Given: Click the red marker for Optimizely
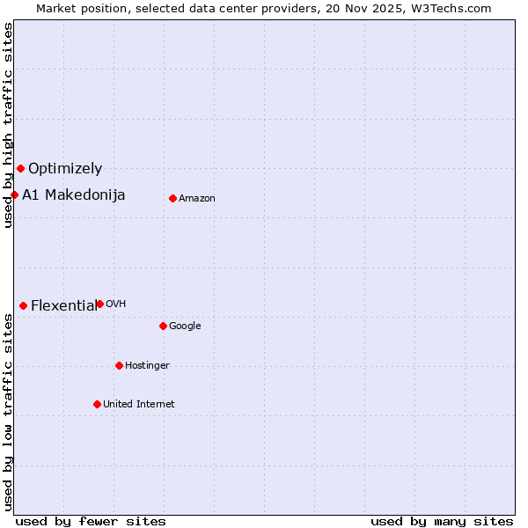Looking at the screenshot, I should coord(20,168).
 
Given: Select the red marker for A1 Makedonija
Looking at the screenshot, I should coord(14,194).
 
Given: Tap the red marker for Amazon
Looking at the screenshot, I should coord(172,198).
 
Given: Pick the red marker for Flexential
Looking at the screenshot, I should coord(23,305).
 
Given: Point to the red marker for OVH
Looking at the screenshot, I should coord(99,304).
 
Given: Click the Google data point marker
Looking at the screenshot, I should coord(163,326).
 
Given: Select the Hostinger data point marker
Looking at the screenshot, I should coord(119,365).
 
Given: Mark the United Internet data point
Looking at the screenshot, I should coord(97,404).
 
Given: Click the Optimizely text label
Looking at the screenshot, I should coord(65,168).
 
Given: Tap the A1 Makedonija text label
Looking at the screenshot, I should coord(74,194).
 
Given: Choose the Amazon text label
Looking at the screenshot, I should coord(197,199).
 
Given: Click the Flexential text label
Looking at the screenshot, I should coord(63,305).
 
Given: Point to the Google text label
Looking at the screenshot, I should coord(185,326).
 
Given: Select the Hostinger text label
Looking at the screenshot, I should coord(147,366).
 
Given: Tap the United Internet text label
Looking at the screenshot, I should coord(139,405).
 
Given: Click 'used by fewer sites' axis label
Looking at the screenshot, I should coord(91,521).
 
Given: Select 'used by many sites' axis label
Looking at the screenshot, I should coord(442,521).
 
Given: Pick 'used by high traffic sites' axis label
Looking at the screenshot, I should coord(8,125).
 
